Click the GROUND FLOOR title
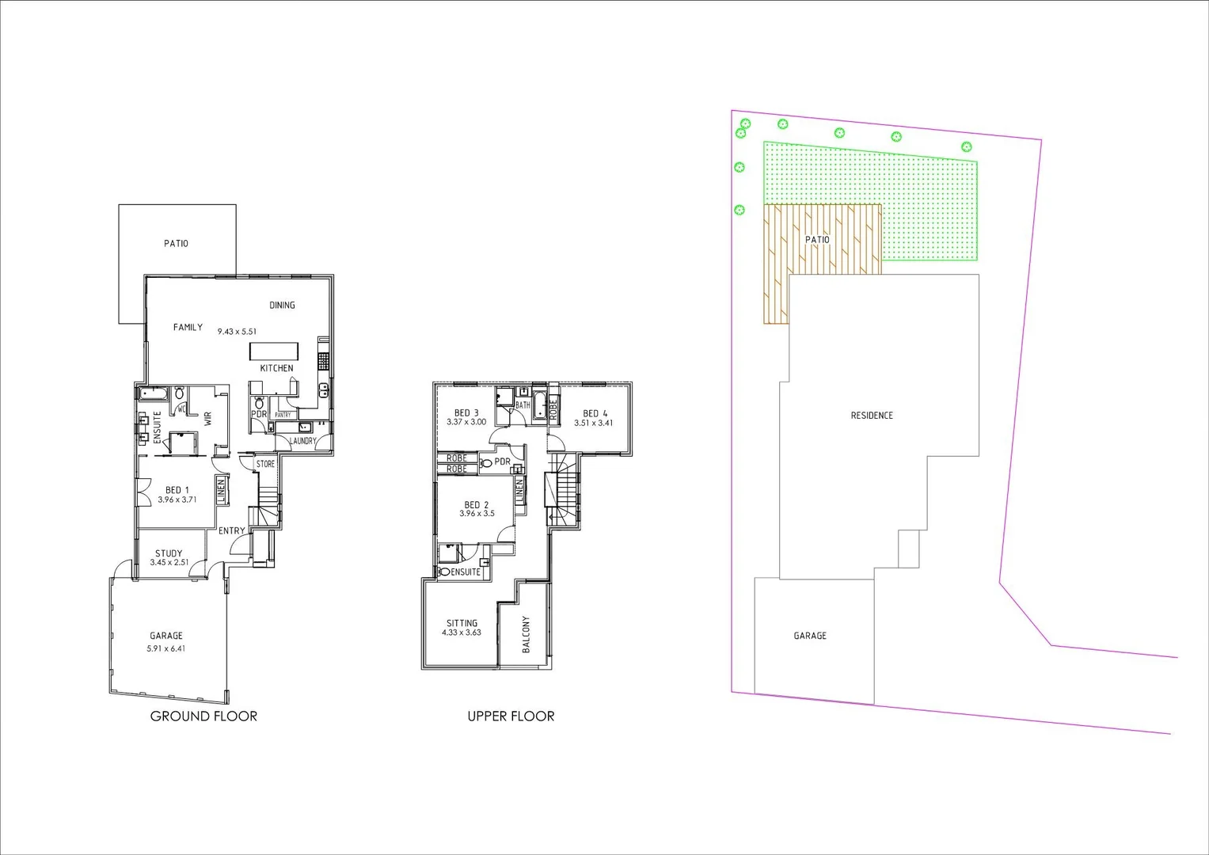[x=203, y=716]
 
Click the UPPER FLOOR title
[x=511, y=716]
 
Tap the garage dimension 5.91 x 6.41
[x=166, y=648]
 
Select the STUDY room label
[x=169, y=553]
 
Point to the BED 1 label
[x=177, y=490]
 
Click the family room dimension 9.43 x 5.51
[x=238, y=332]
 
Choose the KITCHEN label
[x=276, y=368]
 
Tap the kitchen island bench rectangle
[x=274, y=351]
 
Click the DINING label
[x=282, y=305]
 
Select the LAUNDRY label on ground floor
[x=303, y=441]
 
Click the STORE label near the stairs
[x=265, y=464]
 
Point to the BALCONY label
[x=526, y=634]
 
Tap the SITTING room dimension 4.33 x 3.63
[x=462, y=633]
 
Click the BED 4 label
[x=595, y=413]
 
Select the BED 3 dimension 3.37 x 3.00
[x=466, y=422]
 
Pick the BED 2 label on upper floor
[x=476, y=504]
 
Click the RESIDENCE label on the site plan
[x=872, y=416]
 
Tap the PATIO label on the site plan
[x=817, y=240]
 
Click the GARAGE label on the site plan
[x=810, y=636]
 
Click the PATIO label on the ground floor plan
[x=177, y=244]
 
